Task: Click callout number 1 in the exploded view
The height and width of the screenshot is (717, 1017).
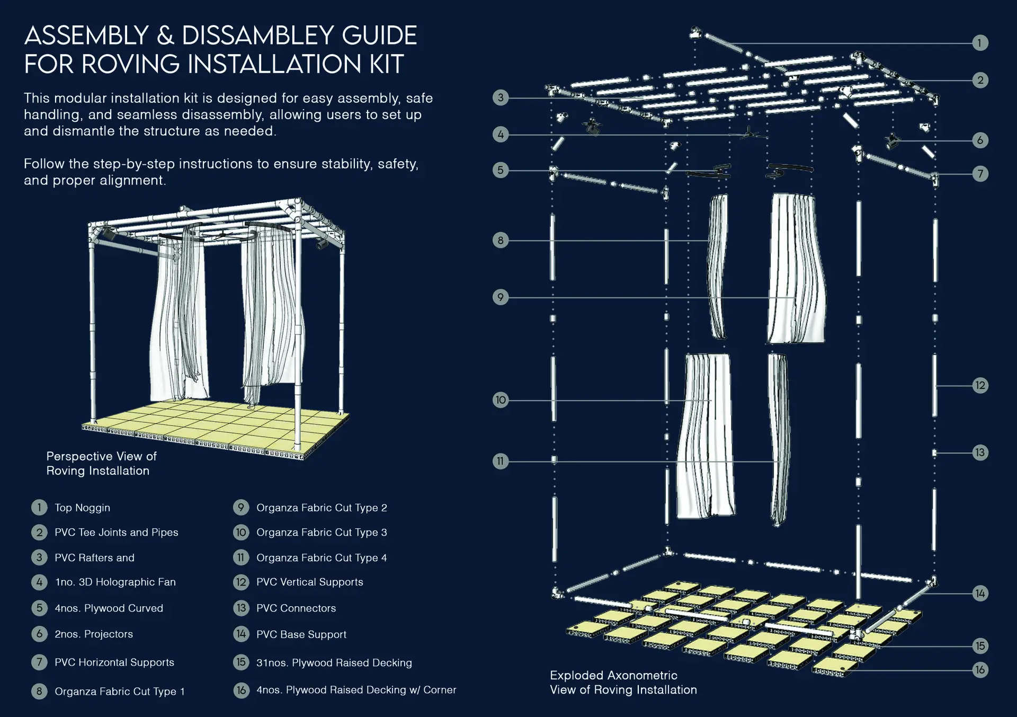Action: click(x=980, y=42)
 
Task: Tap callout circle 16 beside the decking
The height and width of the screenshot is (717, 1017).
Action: click(x=980, y=670)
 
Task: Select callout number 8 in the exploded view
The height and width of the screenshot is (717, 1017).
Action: click(x=500, y=240)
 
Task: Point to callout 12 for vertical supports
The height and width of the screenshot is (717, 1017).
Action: click(x=980, y=385)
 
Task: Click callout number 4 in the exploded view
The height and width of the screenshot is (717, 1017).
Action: click(x=500, y=135)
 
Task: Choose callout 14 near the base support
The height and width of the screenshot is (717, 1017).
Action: click(x=980, y=593)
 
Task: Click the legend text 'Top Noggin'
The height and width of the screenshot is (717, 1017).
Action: click(x=82, y=508)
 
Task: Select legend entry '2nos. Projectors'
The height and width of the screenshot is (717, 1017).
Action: click(x=94, y=634)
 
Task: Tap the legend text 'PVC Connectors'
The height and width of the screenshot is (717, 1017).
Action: click(x=296, y=608)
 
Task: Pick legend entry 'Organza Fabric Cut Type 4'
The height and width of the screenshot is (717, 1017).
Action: click(x=322, y=558)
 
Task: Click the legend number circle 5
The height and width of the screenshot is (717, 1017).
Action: click(x=39, y=608)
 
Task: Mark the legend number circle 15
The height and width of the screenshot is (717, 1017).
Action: click(x=241, y=662)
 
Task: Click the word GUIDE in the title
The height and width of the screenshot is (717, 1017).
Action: click(x=379, y=36)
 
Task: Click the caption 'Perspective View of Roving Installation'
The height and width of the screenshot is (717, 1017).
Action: click(x=101, y=463)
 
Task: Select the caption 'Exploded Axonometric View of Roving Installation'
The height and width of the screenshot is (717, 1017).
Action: click(x=623, y=683)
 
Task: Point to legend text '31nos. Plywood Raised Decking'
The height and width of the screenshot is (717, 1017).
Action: click(x=334, y=663)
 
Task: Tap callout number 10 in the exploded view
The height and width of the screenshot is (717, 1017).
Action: click(x=500, y=400)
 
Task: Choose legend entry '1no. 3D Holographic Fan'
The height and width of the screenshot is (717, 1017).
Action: click(x=115, y=582)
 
